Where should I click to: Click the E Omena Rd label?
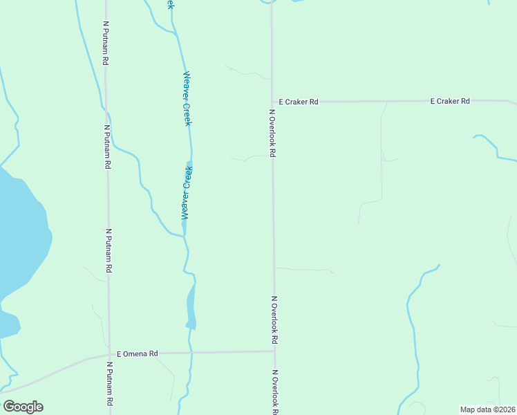(138, 353)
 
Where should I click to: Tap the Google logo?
(23, 407)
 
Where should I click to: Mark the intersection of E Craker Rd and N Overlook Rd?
(272, 102)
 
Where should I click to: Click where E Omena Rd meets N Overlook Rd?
(274, 351)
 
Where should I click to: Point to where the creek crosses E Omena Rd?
(191, 353)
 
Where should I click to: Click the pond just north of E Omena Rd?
(191, 308)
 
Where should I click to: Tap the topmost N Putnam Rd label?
(106, 43)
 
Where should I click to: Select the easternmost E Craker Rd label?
(450, 101)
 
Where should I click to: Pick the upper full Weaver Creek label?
(187, 98)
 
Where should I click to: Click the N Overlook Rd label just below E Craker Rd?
(272, 132)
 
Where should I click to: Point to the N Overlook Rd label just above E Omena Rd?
(274, 320)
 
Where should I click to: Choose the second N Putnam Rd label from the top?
(107, 147)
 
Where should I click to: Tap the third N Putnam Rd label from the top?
(109, 251)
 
